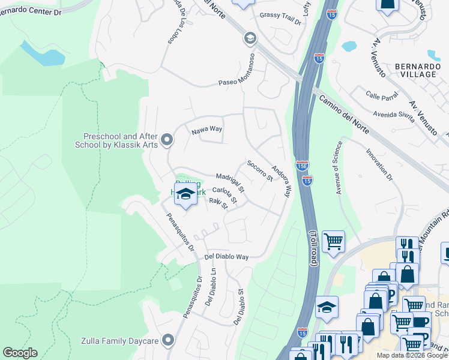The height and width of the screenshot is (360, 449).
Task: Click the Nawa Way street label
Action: click(x=206, y=129)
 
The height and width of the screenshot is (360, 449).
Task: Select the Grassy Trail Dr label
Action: click(x=280, y=17)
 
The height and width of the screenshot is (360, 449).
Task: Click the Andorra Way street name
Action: click(x=281, y=181)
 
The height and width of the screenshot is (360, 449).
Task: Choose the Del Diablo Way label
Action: click(x=226, y=256)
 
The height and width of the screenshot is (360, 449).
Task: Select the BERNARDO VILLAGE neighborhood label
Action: click(x=415, y=70)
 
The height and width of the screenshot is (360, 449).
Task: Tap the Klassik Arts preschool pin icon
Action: click(x=167, y=140)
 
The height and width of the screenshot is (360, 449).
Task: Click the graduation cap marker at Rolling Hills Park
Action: click(x=186, y=194)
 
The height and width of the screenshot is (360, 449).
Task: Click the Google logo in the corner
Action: click(x=20, y=353)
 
